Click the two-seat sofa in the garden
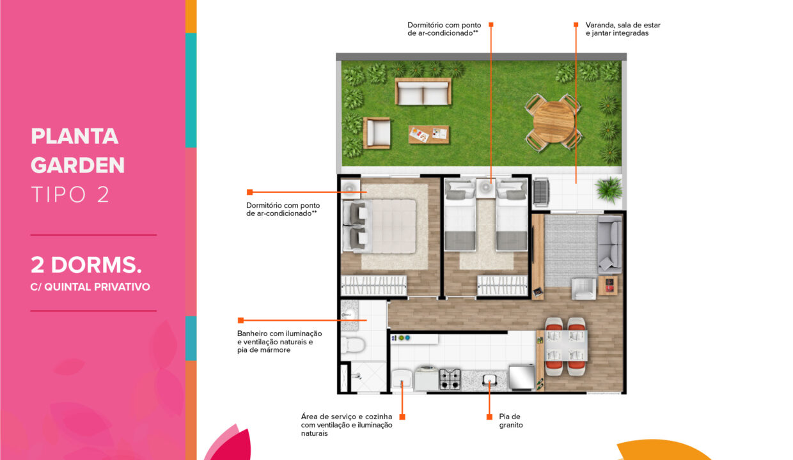[x=423, y=92]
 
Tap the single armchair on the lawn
[x=377, y=133]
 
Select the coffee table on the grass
[x=428, y=134]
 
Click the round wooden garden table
[x=553, y=121]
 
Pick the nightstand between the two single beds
[x=486, y=188]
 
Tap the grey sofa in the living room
[x=609, y=244]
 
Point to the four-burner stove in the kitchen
[x=450, y=378]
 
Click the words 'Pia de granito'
[x=510, y=420]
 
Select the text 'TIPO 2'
[x=70, y=195]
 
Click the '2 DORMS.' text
[x=86, y=264]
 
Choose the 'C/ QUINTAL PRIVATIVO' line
[x=90, y=287]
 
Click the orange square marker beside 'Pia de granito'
[x=489, y=417]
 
